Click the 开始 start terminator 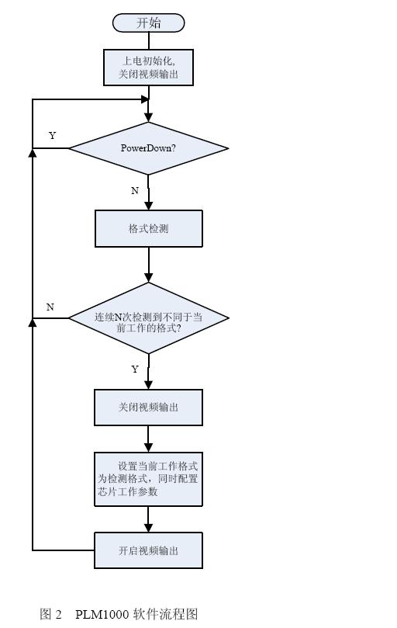coord(148,23)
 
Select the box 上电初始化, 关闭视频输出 coord(148,67)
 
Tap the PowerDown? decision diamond coord(148,147)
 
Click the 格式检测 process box coord(148,228)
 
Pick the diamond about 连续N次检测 coord(148,317)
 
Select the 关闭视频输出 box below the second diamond coord(148,407)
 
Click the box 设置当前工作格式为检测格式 coord(148,479)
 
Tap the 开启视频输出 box coord(148,550)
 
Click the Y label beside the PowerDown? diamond coord(53,136)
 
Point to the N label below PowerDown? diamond coord(135,191)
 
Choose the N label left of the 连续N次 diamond coord(50,307)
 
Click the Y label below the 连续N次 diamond coord(135,370)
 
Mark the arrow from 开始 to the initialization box coord(148,41)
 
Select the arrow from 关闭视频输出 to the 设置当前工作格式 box coord(148,439)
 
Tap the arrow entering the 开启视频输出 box coord(148,519)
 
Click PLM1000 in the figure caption coord(102,614)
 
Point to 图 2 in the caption coord(50,614)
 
